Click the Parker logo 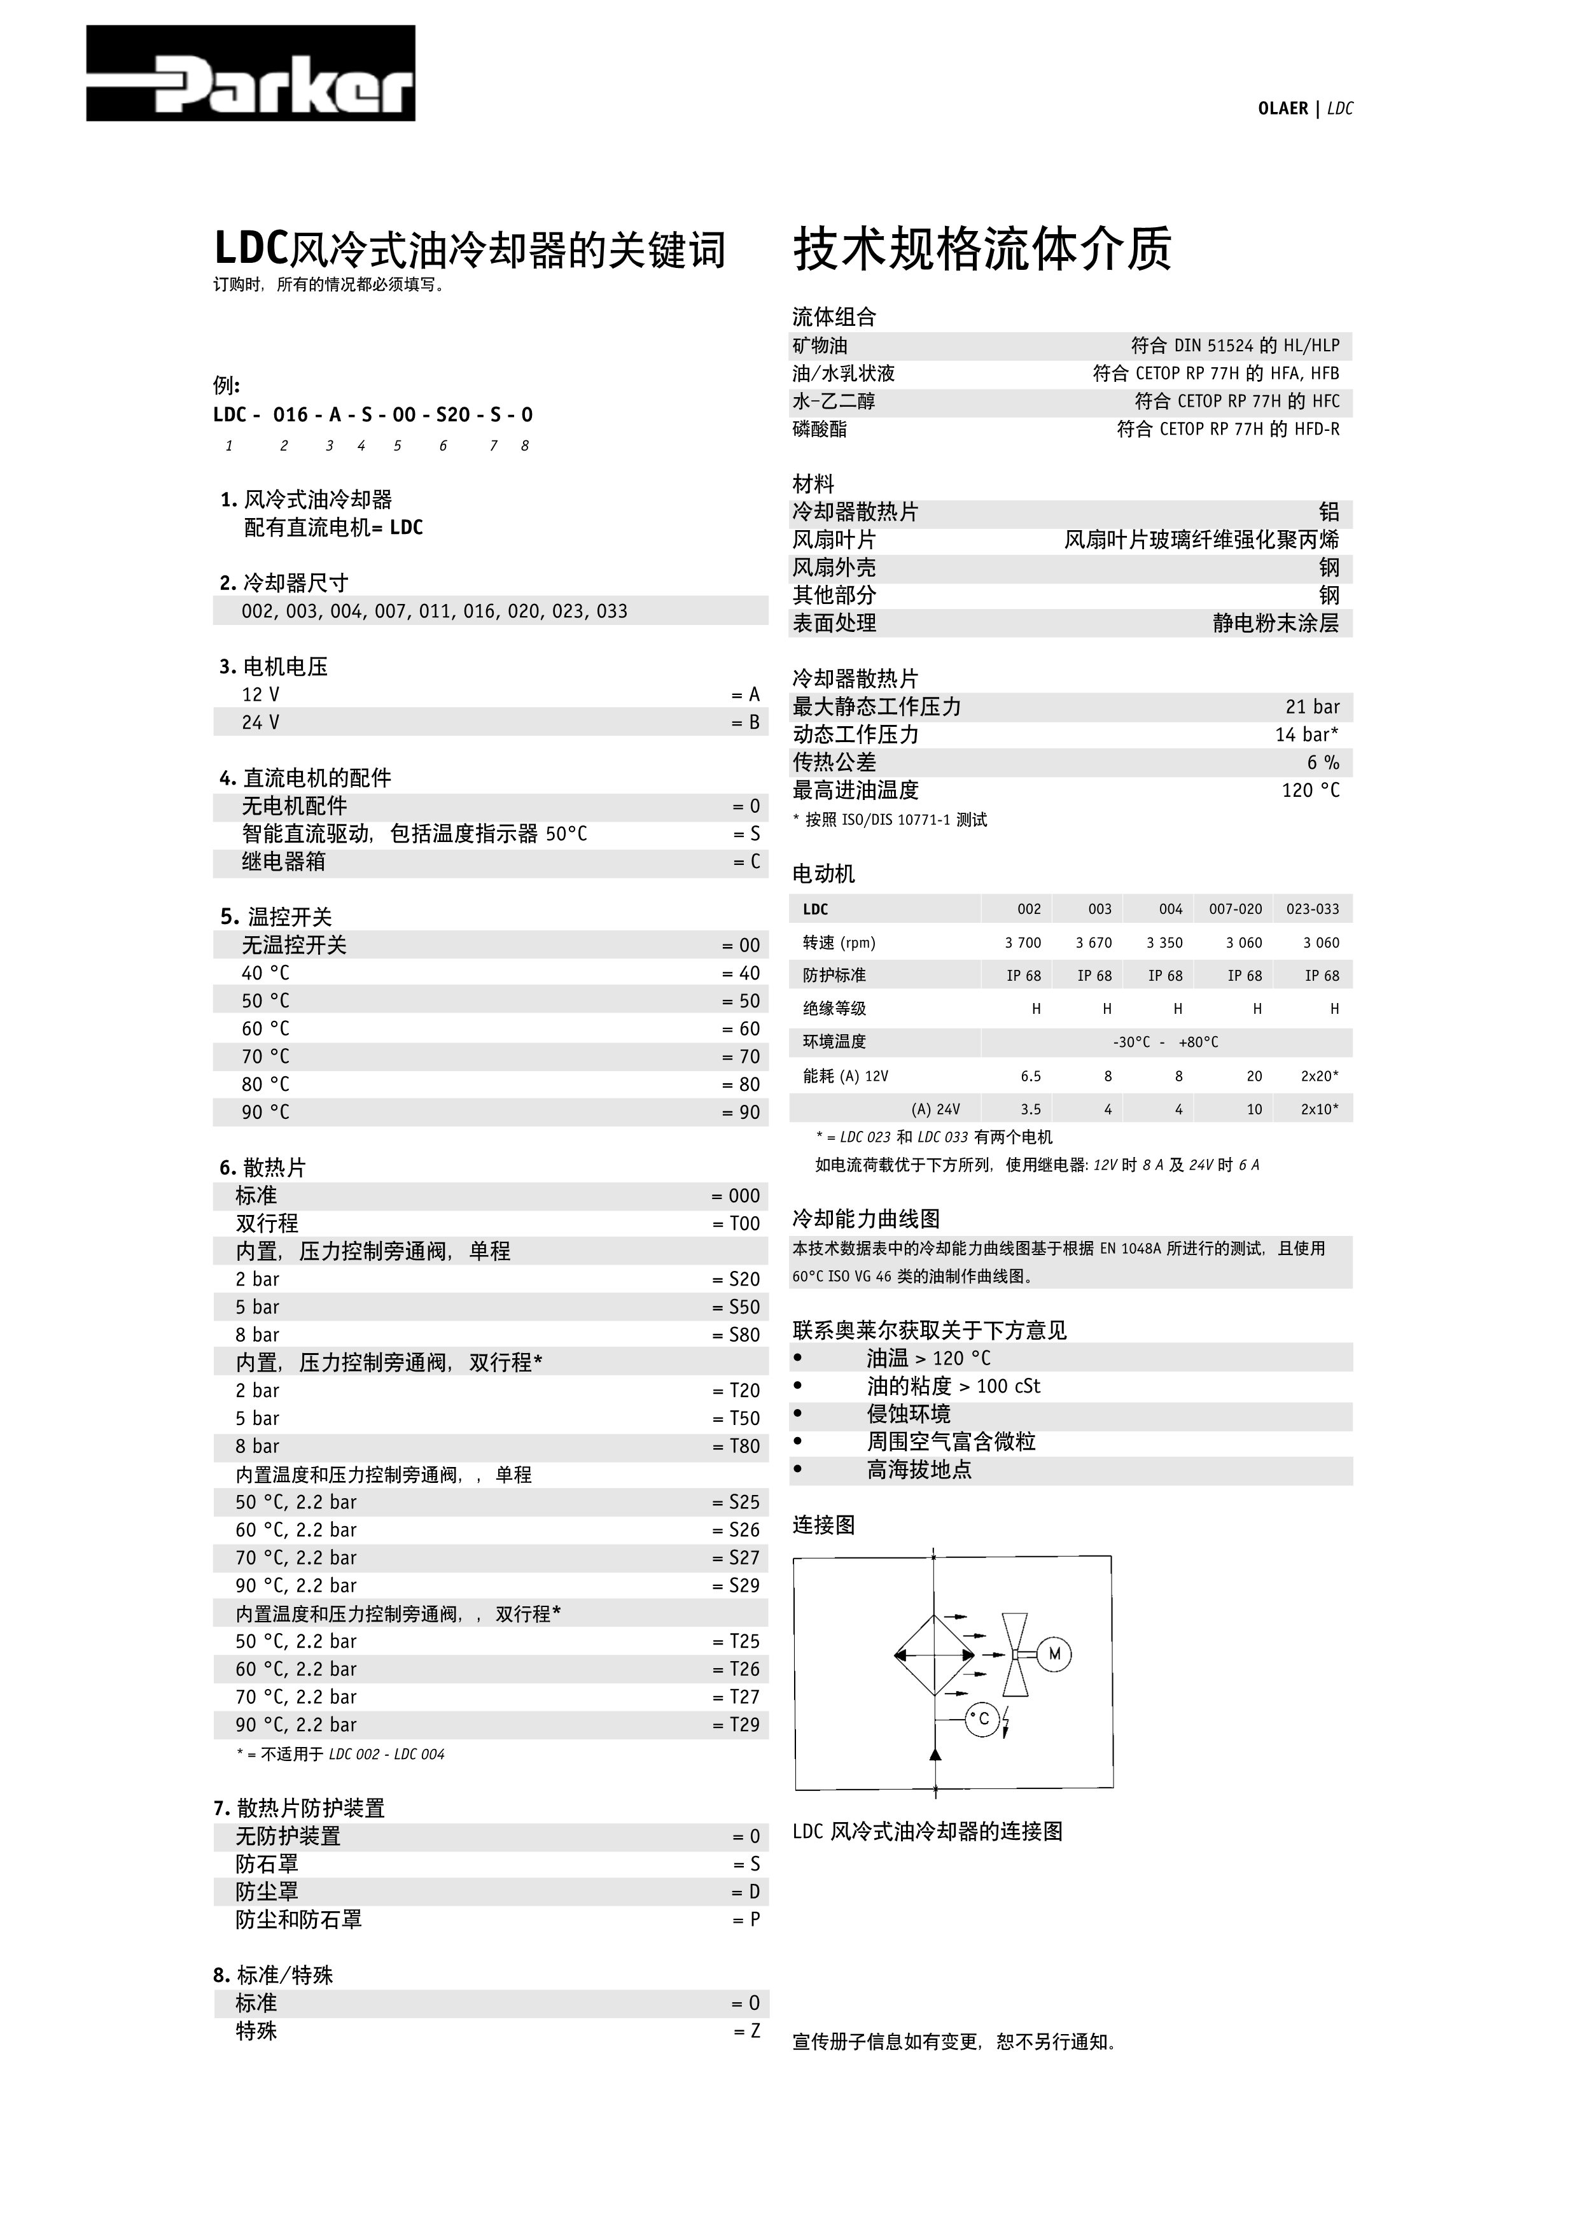point(251,74)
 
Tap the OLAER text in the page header point(1283,109)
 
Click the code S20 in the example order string point(453,415)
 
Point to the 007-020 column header point(1235,909)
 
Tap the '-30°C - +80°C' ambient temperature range point(1165,1042)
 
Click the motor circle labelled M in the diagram point(1054,1653)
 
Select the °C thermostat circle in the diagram point(982,1719)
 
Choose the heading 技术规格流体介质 point(982,249)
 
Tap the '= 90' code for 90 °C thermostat point(741,1112)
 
